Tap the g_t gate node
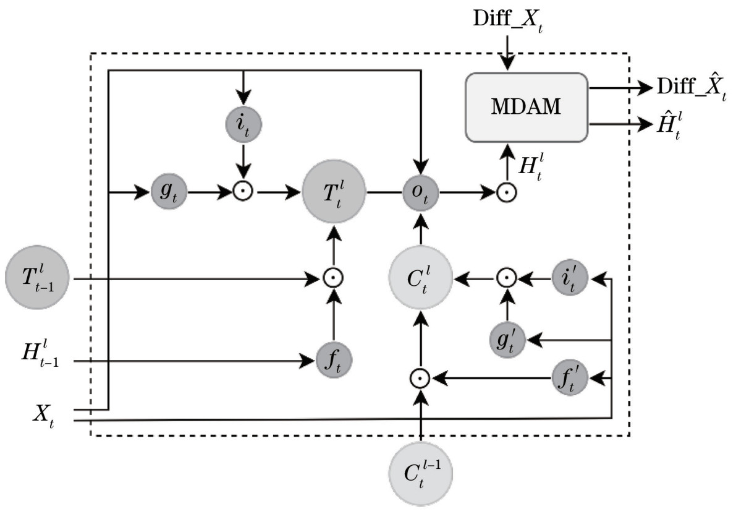pos(169,193)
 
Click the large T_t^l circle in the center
pos(334,193)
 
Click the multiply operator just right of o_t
pos(507,193)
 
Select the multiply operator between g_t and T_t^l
pos(244,193)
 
